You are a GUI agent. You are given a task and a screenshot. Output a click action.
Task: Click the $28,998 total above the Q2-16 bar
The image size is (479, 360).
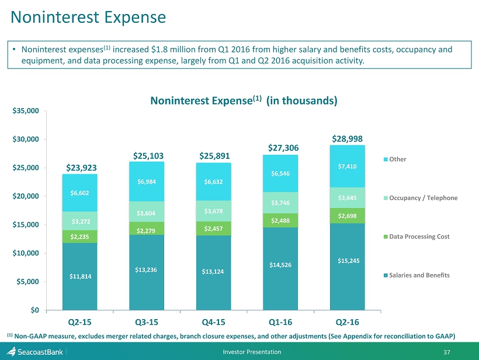[348, 139]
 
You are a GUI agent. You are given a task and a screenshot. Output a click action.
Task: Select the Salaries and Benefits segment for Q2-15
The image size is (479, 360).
[79, 276]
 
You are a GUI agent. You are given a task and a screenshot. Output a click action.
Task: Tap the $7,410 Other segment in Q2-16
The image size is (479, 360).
[348, 166]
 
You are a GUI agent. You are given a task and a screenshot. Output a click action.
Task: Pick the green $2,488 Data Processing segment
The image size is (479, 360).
[280, 220]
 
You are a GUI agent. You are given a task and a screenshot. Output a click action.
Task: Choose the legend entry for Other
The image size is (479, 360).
[395, 159]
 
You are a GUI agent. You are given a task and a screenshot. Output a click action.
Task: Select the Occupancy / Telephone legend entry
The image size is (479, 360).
[421, 198]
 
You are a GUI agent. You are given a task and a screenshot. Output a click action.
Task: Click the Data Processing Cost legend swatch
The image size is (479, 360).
[386, 237]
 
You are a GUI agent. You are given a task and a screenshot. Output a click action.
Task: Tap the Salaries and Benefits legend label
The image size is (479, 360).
[419, 275]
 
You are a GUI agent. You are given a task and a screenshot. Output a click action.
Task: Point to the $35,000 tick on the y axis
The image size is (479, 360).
[26, 110]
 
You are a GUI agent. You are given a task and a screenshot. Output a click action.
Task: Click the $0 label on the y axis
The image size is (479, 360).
[35, 310]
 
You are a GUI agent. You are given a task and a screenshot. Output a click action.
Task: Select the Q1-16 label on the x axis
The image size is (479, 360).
[280, 322]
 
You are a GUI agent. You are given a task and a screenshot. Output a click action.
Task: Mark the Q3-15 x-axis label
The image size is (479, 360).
[147, 322]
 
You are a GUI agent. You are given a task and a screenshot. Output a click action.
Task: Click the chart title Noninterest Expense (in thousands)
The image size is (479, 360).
[244, 101]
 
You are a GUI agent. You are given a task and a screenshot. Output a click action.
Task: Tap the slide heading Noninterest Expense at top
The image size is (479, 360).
[88, 17]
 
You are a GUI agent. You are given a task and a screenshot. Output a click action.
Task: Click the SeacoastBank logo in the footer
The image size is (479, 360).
[34, 352]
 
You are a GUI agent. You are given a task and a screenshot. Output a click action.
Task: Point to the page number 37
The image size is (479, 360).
[447, 352]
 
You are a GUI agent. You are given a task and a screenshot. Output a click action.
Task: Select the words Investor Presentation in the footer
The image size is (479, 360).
[252, 352]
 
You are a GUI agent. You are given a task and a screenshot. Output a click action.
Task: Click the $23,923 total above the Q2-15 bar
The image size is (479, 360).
[81, 168]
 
